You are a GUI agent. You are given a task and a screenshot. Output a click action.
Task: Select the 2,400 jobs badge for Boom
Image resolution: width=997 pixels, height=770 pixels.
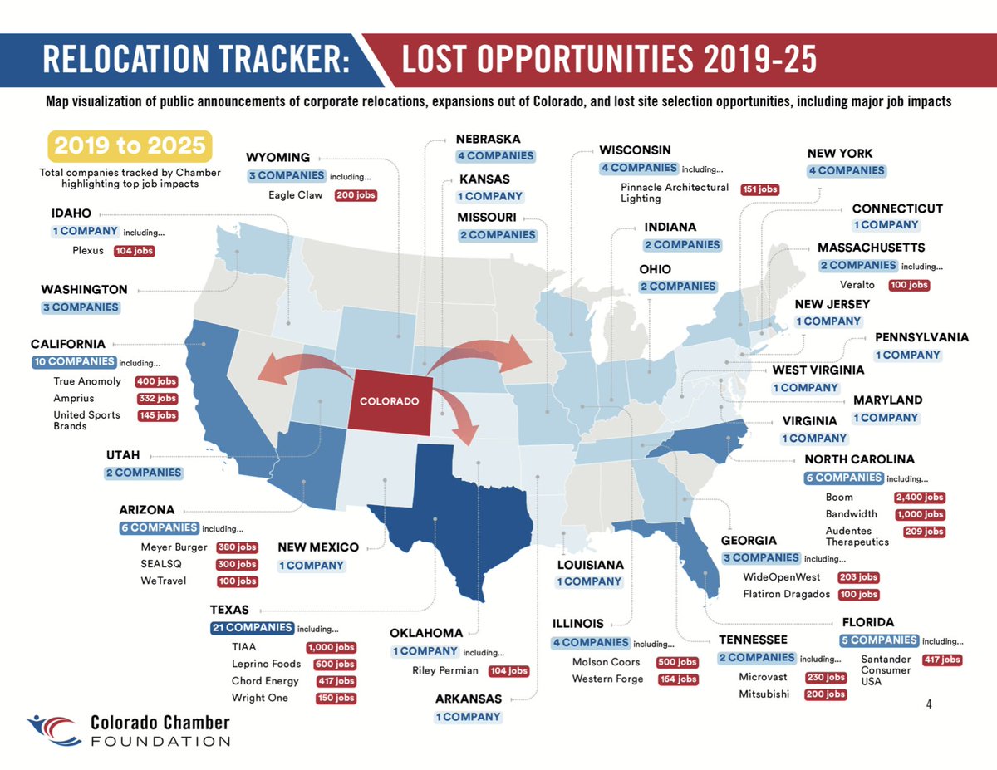tap(919, 498)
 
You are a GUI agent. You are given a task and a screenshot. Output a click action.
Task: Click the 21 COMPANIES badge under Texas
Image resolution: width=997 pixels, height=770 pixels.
tap(252, 628)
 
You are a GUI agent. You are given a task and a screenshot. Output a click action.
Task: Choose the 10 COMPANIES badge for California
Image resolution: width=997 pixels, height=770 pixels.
tap(74, 362)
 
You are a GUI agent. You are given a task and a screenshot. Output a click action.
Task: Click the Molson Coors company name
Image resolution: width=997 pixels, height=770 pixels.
tap(606, 662)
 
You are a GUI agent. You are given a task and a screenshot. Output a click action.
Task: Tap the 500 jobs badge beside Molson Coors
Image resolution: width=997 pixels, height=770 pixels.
tap(676, 662)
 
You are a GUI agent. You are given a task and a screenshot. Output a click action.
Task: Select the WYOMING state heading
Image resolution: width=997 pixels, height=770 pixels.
tap(277, 157)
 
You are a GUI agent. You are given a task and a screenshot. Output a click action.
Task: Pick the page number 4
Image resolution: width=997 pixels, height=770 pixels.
tap(929, 704)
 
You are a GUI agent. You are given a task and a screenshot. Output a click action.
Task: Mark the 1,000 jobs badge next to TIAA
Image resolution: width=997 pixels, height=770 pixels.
tap(331, 647)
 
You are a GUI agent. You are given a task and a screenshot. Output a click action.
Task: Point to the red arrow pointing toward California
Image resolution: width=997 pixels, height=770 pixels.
tap(291, 370)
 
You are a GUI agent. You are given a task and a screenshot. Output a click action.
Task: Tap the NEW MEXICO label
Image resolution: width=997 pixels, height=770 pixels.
tap(318, 547)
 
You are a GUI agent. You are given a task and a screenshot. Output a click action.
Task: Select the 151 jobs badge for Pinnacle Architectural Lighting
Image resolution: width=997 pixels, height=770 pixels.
tap(759, 189)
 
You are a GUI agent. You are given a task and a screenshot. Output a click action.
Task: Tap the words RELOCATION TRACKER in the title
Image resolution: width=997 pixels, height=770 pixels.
tap(195, 60)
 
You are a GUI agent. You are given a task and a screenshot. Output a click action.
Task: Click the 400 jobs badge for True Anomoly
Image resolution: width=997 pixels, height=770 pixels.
tap(157, 381)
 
